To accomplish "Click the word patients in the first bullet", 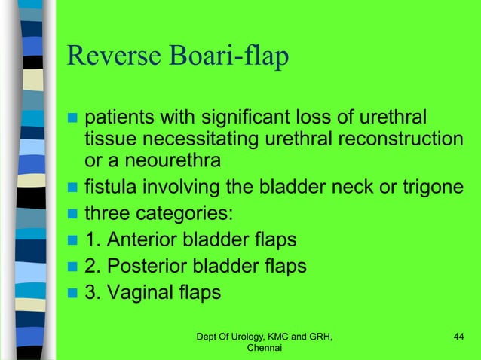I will [119, 118].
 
